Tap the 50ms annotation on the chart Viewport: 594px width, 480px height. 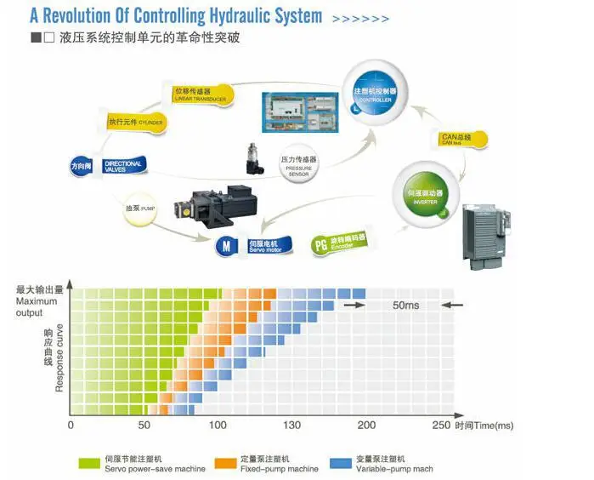point(404,305)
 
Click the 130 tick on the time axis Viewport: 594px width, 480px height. point(292,426)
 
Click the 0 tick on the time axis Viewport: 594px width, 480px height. point(71,426)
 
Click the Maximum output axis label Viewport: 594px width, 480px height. point(37,305)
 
